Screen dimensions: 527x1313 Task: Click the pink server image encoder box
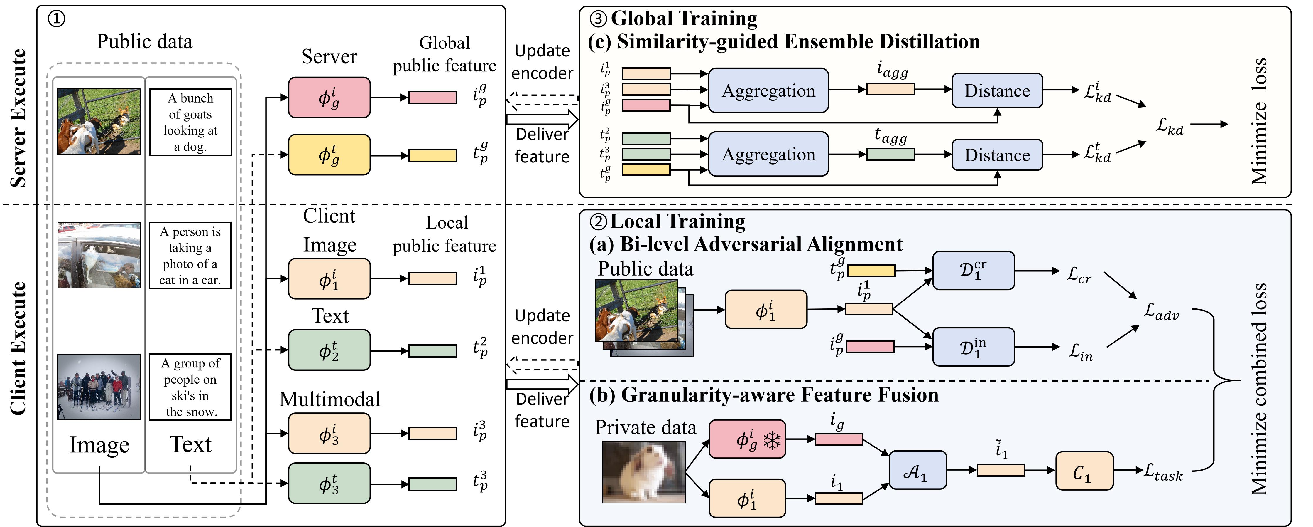329,98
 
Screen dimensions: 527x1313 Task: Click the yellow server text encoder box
329,155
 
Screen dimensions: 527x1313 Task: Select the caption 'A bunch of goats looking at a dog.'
190,122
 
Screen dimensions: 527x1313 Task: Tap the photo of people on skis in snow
99,387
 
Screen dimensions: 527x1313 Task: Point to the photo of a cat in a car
99,255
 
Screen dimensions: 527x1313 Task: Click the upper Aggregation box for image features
768,90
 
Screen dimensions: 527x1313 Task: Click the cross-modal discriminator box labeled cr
973,270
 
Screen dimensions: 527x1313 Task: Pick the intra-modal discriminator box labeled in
973,347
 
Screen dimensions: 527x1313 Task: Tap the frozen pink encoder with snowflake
747,439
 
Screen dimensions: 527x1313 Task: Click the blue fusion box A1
917,470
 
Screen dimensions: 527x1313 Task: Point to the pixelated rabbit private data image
644,472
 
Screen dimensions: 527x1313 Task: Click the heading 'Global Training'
684,19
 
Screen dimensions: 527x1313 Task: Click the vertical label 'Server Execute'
18,118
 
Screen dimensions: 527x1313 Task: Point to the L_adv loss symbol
1161,311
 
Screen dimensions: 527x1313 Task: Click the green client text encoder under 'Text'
329,350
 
